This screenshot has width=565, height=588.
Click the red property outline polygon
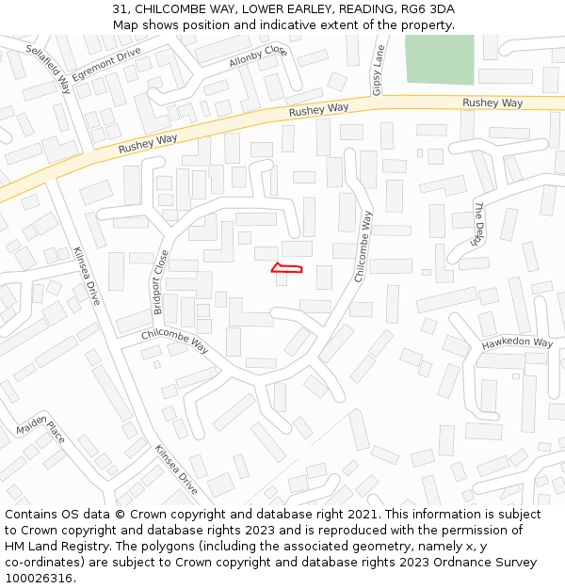287,269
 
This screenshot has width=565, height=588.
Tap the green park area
440,60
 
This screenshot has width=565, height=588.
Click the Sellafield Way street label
49,69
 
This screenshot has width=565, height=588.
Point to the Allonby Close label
257,56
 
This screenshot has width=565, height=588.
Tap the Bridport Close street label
162,281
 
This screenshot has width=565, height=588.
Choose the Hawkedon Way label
517,343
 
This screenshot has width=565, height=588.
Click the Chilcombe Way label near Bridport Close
175,341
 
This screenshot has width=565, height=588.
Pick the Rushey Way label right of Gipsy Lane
492,103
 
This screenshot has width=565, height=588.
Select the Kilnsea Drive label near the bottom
176,469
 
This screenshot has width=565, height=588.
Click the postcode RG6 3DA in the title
429,9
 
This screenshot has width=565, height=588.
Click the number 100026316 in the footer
37,578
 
